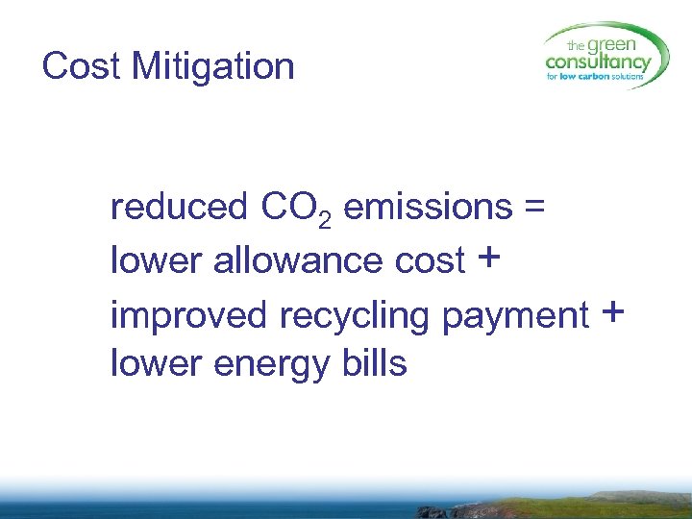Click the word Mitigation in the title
212,66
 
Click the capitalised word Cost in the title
82,66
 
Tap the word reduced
179,207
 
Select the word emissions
427,207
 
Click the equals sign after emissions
534,207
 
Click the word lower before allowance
154,259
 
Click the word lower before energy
154,364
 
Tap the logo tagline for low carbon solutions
596,77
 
